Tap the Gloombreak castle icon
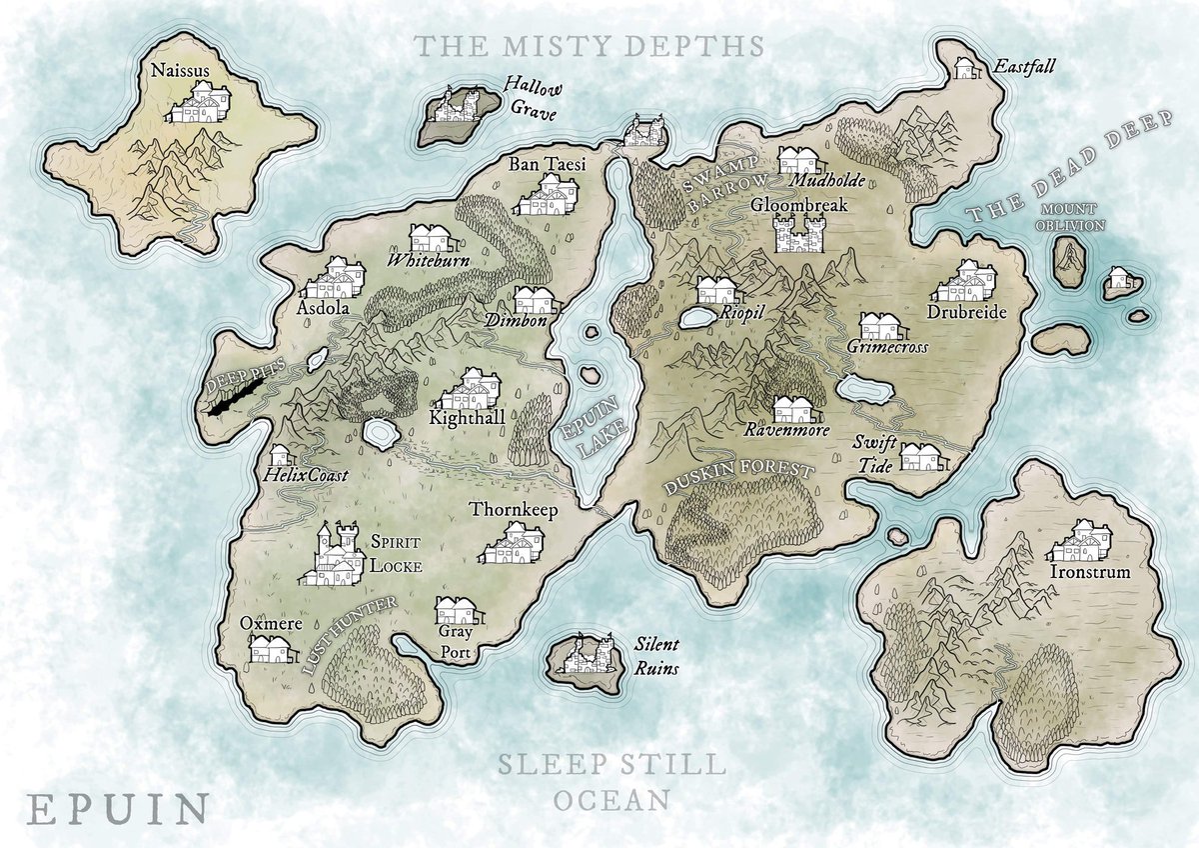[x=797, y=235]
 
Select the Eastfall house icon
[x=966, y=68]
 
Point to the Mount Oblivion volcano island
[x=1070, y=262]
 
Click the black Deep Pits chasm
[x=236, y=400]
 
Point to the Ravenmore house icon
[x=795, y=409]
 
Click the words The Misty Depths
[x=590, y=46]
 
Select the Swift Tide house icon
[x=919, y=457]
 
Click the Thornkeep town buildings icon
[x=514, y=545]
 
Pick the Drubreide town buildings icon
[x=966, y=283]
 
